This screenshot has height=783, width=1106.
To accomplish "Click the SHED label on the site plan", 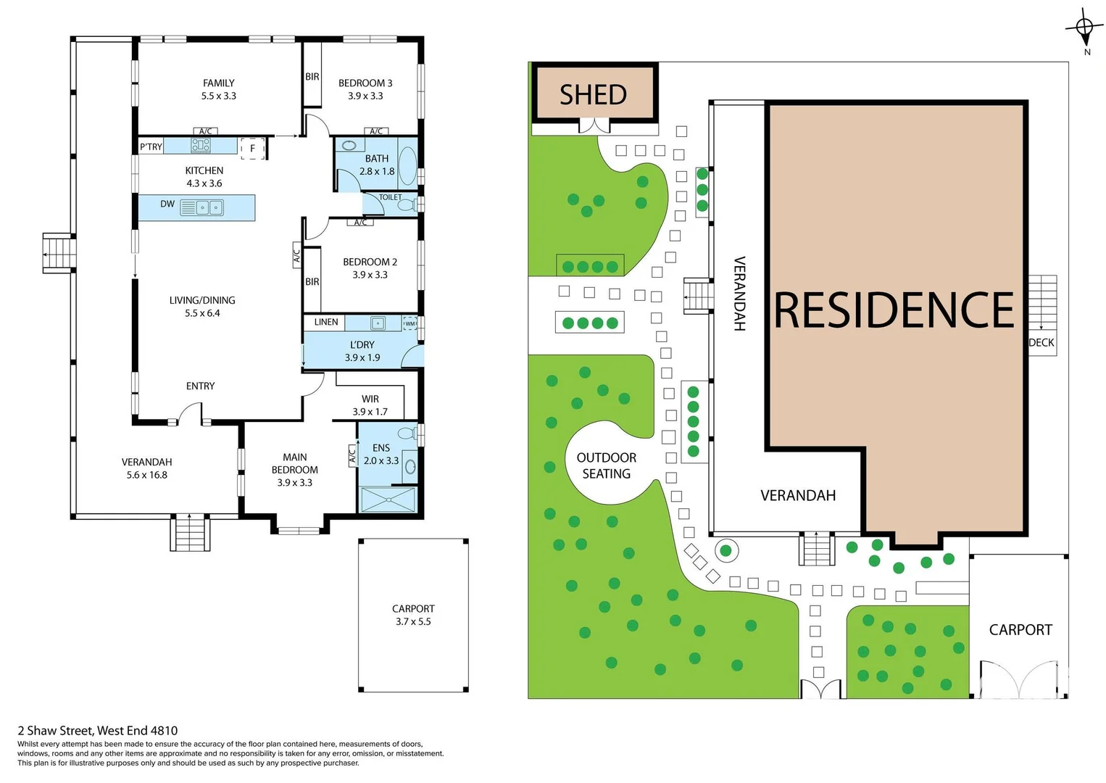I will click(x=593, y=95).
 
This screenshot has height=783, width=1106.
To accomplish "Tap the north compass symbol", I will click(x=1084, y=30).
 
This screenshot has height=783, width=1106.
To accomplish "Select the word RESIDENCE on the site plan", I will click(x=894, y=310).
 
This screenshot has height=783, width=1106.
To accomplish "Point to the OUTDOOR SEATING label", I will click(x=607, y=465).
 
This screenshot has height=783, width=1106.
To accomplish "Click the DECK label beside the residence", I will click(x=1041, y=342).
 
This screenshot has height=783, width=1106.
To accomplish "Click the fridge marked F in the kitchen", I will click(x=252, y=148).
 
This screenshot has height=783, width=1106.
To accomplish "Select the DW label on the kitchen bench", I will click(x=167, y=204).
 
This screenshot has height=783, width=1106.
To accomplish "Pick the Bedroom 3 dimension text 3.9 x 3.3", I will click(x=365, y=96).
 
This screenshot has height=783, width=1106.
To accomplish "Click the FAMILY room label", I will click(x=218, y=83).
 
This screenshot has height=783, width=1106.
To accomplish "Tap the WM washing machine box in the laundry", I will click(x=410, y=323).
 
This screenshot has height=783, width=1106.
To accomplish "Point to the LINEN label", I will click(x=326, y=322).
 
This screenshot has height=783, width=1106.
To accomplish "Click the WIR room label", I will click(x=370, y=399).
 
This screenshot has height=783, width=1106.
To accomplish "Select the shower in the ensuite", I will click(x=388, y=500).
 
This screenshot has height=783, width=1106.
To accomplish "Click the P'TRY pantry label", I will click(x=151, y=147).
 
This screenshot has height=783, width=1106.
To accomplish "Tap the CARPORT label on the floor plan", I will click(x=413, y=608).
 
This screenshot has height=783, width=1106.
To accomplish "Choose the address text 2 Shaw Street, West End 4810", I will click(x=98, y=731).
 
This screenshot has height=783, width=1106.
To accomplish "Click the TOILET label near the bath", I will click(x=390, y=197).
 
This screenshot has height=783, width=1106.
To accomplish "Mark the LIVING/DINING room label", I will click(x=202, y=300).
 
